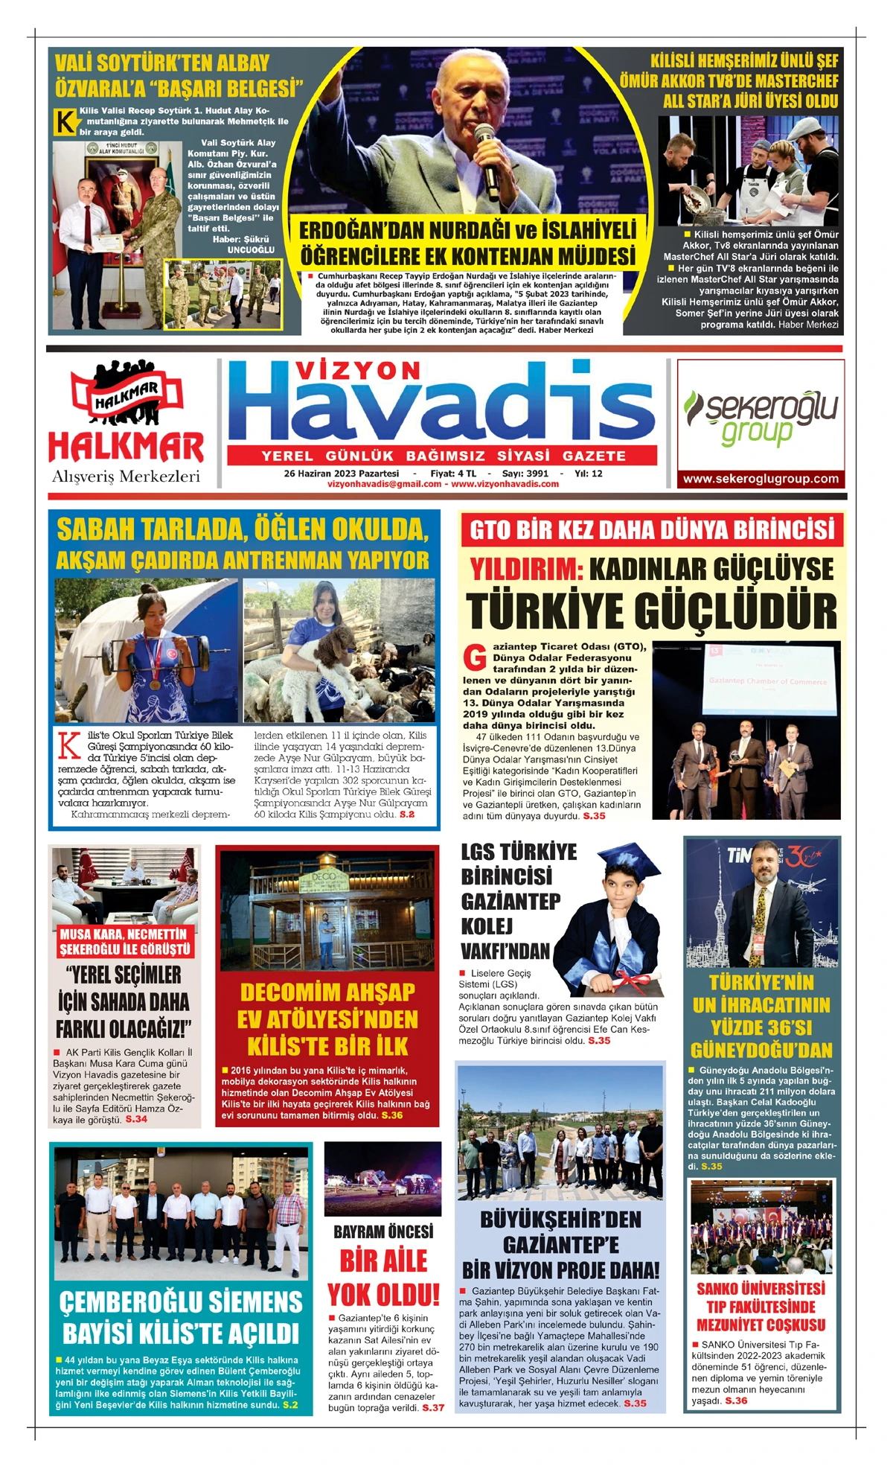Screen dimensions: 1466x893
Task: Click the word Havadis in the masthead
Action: tap(442, 407)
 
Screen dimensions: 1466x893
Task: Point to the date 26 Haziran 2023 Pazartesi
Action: tap(341, 474)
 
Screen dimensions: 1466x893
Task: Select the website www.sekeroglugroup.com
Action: tap(761, 479)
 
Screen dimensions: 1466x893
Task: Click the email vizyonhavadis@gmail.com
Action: tap(384, 484)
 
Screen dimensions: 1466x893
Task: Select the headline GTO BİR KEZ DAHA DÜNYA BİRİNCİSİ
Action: tap(652, 530)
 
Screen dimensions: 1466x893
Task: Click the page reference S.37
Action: tap(432, 1408)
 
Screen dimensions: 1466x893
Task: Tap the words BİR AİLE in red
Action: tap(383, 1261)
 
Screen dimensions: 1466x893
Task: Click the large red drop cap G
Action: tap(474, 658)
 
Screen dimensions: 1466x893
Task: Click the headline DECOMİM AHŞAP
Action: tap(327, 992)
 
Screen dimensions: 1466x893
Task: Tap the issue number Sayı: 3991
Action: tap(525, 474)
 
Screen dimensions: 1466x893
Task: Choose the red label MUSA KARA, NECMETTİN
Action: tap(124, 934)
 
